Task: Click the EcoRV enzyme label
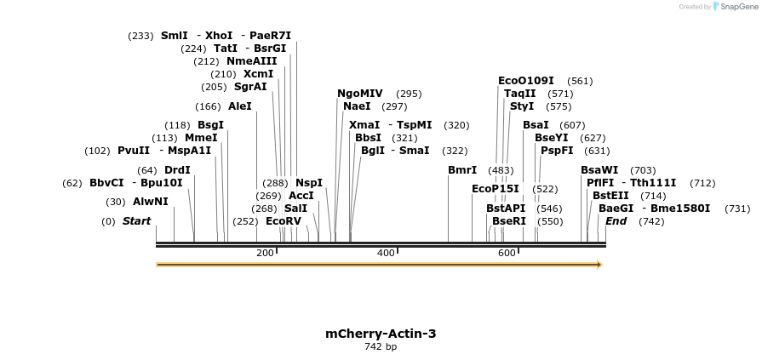[x=284, y=221]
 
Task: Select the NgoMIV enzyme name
[x=360, y=94]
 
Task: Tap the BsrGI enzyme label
[x=270, y=49]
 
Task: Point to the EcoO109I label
[x=526, y=81]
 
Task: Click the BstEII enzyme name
[x=610, y=195]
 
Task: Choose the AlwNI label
[x=151, y=202]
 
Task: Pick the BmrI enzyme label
[x=462, y=170]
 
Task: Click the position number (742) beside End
[x=650, y=221]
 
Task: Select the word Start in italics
[x=136, y=221]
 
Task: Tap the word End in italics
[x=616, y=221]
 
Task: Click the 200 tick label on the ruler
[x=265, y=253]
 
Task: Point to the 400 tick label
[x=386, y=253]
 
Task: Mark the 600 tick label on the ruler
[x=507, y=253]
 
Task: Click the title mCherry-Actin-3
[x=381, y=334]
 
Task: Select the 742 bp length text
[x=381, y=346]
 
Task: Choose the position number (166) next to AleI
[x=208, y=106]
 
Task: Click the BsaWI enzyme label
[x=599, y=170]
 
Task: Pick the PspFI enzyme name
[x=557, y=151]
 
